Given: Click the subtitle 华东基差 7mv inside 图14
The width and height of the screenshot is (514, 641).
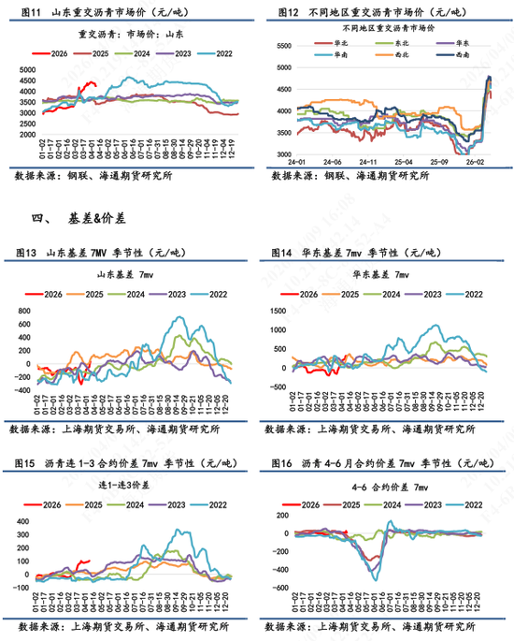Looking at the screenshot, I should coord(383,274).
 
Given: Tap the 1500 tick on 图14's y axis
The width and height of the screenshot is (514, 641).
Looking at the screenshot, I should coord(280,309).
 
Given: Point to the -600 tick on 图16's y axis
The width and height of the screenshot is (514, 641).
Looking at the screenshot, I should coord(278,588).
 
